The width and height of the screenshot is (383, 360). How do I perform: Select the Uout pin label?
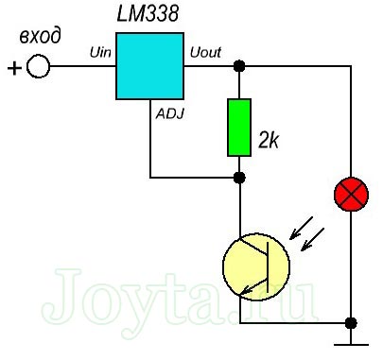(x=205, y=53)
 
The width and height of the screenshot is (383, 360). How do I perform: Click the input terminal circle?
(x=39, y=68)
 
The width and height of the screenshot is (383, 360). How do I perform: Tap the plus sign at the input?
(x=14, y=68)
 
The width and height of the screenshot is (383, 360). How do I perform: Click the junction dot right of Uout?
(x=240, y=66)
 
